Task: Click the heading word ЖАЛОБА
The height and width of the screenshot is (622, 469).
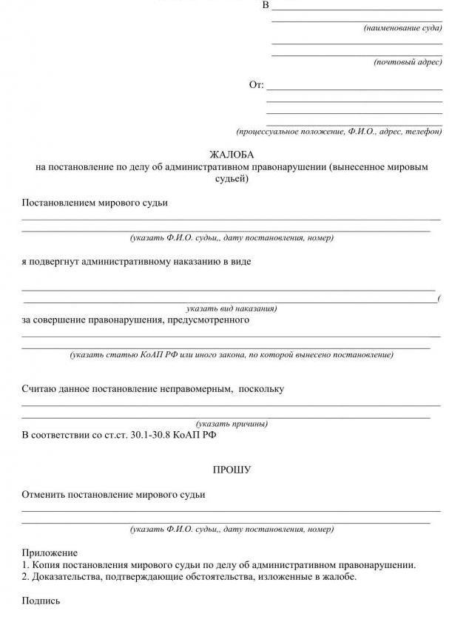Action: click(232, 155)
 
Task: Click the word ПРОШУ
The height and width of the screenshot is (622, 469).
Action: click(232, 470)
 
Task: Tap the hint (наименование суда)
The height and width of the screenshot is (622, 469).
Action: click(402, 28)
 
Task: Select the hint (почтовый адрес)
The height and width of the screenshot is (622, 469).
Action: click(408, 62)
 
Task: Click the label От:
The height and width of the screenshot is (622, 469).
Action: click(256, 85)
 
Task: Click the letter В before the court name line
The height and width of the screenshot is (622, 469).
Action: click(266, 6)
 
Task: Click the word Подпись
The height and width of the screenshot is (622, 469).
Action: click(41, 601)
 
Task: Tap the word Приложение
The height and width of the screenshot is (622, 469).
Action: click(50, 552)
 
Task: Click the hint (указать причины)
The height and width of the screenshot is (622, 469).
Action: click(232, 425)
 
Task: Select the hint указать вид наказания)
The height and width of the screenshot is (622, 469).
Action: click(232, 308)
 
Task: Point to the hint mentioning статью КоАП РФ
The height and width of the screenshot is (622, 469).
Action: click(232, 355)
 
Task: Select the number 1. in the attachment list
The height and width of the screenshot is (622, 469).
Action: click(26, 565)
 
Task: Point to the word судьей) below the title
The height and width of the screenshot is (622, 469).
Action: click(232, 178)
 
